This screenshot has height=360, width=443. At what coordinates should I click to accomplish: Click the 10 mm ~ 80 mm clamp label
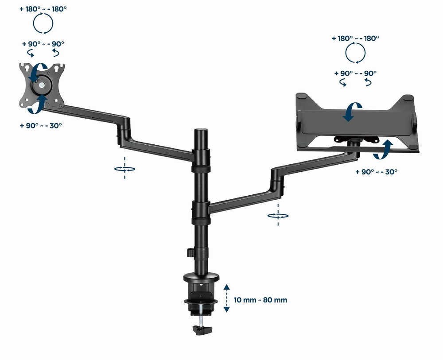[260, 300]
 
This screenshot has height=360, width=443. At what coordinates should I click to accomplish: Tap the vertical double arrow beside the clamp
[226, 298]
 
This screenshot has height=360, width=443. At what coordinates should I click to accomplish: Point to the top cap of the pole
[202, 132]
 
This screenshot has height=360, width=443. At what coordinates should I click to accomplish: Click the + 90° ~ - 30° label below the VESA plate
[41, 125]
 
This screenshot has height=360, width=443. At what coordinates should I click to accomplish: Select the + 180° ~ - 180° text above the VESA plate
[43, 9]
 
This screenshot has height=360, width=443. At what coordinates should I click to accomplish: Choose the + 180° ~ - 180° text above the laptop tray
[355, 39]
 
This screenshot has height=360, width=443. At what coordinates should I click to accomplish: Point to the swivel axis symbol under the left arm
[124, 168]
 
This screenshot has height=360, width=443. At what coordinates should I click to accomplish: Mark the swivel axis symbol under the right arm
[278, 216]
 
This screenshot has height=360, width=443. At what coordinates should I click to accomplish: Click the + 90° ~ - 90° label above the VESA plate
[43, 44]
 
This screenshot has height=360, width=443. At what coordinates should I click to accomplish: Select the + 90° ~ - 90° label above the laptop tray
[355, 73]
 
